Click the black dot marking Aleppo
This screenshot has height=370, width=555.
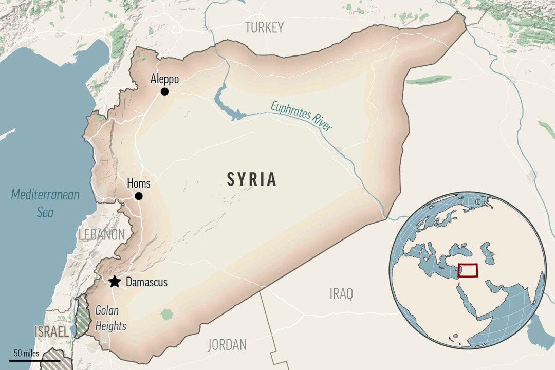pyautogui.click(x=164, y=91)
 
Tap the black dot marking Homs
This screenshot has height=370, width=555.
pyautogui.click(x=138, y=196)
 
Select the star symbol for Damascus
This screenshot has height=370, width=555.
pyautogui.click(x=115, y=282)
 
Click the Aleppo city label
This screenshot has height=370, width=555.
pyautogui.click(x=164, y=79)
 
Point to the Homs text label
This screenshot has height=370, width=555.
pyautogui.click(x=138, y=184)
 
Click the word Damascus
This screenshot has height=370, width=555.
pyautogui.click(x=146, y=282)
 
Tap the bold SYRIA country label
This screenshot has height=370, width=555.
pyautogui.click(x=252, y=179)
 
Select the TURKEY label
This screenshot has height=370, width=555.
pyautogui.click(x=264, y=28)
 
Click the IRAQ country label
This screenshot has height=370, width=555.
pyautogui.click(x=341, y=294)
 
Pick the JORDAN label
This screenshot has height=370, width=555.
pyautogui.click(x=227, y=344)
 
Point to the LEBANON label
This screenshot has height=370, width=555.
pyautogui.click(x=102, y=235)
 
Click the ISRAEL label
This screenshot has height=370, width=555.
pyautogui.click(x=51, y=332)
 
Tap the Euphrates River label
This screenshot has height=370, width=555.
pyautogui.click(x=302, y=117)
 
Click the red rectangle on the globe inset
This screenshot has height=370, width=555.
pyautogui.click(x=467, y=270)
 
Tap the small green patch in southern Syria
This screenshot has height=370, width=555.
pyautogui.click(x=166, y=313)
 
